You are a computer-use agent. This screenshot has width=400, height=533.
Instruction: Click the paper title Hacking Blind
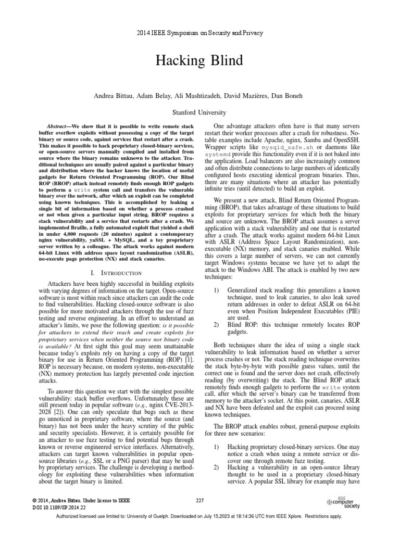pos(199,61)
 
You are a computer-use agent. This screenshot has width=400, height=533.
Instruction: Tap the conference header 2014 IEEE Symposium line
pos(199,33)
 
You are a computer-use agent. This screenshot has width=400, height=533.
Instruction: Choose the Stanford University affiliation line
pos(199,112)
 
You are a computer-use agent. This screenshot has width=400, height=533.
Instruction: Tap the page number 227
pos(199,501)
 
